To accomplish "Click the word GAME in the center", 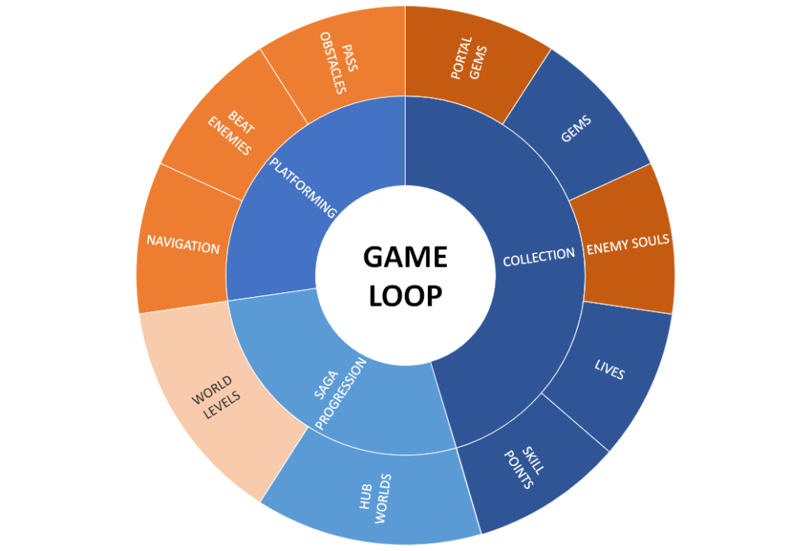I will [405, 257].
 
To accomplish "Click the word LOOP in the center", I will [405, 295].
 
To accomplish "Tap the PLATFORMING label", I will [303, 187].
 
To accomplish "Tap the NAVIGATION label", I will [183, 246].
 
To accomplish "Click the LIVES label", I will [610, 369].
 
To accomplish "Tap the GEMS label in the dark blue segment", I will [577, 129].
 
